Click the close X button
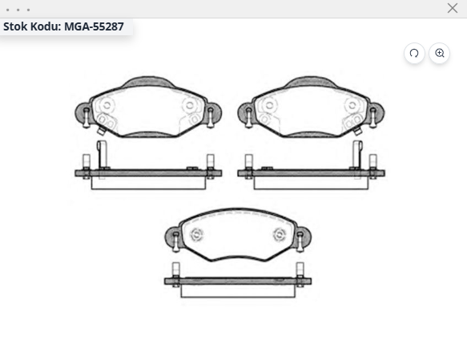(x=453, y=8)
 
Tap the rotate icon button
(x=414, y=54)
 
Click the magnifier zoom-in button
(x=439, y=54)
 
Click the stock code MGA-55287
(x=94, y=26)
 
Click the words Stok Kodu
(x=31, y=26)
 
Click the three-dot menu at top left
(x=18, y=10)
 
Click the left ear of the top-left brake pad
(x=82, y=113)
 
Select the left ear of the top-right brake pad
(x=245, y=113)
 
